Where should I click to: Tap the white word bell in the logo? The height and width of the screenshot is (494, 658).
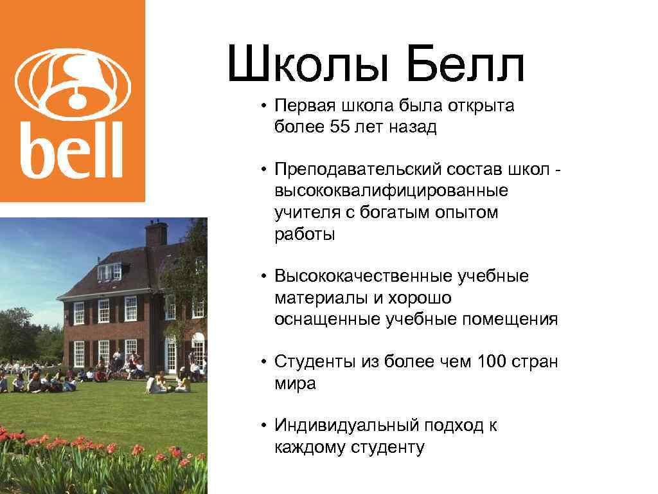tap(72, 152)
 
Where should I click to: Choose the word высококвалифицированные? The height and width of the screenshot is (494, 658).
tap(391, 191)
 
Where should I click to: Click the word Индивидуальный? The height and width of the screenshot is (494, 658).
tap(347, 426)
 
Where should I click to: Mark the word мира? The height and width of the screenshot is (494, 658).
tap(295, 384)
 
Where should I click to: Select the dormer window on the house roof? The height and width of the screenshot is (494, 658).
tap(109, 271)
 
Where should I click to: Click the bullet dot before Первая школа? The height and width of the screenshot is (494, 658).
tap(264, 105)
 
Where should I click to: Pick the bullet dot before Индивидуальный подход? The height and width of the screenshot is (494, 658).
tap(264, 426)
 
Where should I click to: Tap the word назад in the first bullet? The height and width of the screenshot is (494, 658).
tap(412, 127)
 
